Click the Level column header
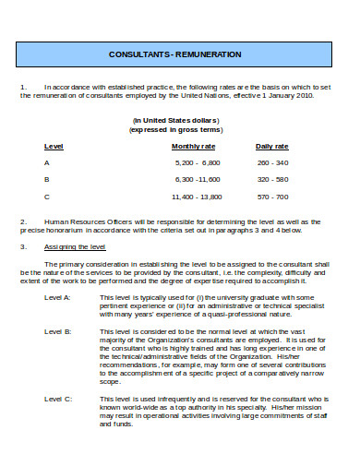coord(54,146)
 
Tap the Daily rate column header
coord(272,146)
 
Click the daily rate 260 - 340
coord(274,162)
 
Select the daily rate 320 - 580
coord(274,179)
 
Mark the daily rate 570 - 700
coord(274,197)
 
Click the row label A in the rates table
coord(47,162)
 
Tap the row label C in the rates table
coord(47,197)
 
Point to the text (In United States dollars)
coord(174,121)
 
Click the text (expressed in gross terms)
coord(174,130)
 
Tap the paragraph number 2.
coord(23,221)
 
